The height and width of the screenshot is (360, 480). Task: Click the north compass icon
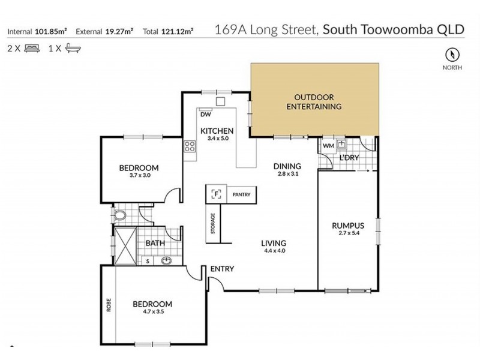(452, 55)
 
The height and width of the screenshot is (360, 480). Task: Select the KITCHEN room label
(217, 131)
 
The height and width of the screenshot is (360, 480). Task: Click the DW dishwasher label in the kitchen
(205, 114)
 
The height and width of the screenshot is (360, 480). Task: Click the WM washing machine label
(328, 145)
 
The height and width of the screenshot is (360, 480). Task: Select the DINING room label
(287, 166)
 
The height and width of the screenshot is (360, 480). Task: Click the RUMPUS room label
(347, 226)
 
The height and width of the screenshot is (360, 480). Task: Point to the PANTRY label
(242, 193)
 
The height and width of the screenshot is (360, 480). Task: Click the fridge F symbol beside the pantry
(217, 193)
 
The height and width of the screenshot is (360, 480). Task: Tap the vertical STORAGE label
(212, 223)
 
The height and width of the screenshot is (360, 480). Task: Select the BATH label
(156, 244)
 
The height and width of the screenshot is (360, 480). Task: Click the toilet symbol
(120, 214)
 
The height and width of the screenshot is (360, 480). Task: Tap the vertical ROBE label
(109, 303)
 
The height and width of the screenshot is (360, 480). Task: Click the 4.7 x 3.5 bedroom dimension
(152, 313)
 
